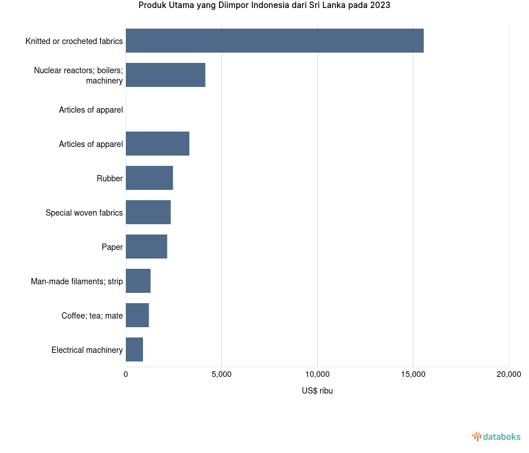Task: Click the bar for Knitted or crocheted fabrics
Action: (x=275, y=41)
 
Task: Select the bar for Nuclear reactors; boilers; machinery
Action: (x=165, y=75)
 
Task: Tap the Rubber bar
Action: (x=149, y=178)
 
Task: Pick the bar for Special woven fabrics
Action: (x=148, y=212)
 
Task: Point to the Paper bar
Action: (x=146, y=247)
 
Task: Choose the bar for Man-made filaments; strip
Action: (x=138, y=281)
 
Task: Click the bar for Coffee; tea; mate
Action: (x=137, y=315)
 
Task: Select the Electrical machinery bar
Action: (x=134, y=349)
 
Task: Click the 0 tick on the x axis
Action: (x=126, y=375)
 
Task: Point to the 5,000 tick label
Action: (x=221, y=375)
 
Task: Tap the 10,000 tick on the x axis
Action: (x=317, y=375)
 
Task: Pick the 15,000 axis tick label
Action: (x=413, y=375)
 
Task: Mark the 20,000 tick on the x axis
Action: (x=508, y=375)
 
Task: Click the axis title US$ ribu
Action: (x=317, y=391)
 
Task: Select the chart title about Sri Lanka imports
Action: (x=264, y=5)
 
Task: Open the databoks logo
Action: (x=496, y=437)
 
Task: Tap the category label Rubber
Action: (x=110, y=178)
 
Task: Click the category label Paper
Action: (x=112, y=247)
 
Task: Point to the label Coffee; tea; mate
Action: (x=92, y=316)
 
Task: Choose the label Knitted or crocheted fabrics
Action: (x=74, y=41)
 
